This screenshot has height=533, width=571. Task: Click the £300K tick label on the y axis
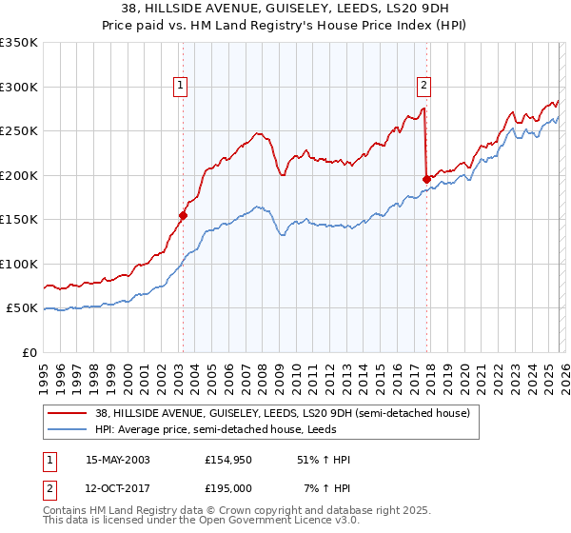point(19,87)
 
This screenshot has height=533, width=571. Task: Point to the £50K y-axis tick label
point(22,308)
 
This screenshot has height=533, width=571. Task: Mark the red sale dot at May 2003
point(183,215)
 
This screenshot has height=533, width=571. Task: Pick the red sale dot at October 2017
point(426,179)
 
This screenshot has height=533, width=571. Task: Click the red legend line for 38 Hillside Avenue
point(68,414)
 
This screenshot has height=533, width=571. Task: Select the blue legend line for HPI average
point(68,429)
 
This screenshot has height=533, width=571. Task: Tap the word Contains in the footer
point(65,512)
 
